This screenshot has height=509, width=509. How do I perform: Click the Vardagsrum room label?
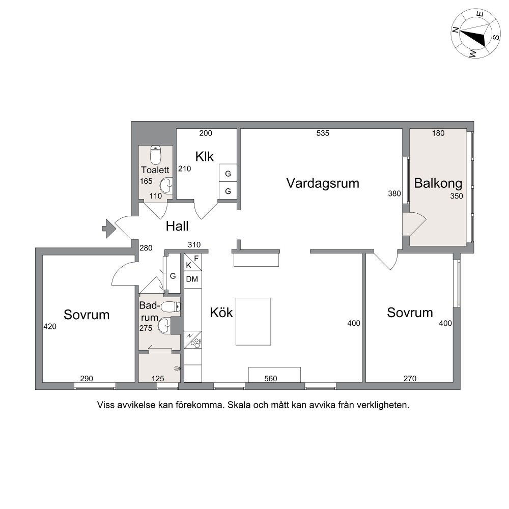[323, 183]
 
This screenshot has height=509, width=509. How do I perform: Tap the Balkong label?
[438, 183]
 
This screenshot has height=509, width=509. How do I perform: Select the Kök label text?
[221, 313]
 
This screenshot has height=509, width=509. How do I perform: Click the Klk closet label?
[205, 156]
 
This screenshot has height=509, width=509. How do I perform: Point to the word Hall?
[177, 227]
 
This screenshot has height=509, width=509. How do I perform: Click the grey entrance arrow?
[109, 229]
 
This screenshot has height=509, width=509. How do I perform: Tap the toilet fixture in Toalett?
[155, 155]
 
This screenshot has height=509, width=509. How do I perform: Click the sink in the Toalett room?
[166, 186]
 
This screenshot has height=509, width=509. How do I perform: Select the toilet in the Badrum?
[171, 307]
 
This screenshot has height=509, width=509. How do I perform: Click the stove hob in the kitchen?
[196, 343]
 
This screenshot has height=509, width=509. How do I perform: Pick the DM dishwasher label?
[192, 279]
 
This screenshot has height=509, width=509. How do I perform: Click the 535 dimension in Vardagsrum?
[323, 133]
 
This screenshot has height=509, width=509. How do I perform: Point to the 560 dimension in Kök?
[271, 379]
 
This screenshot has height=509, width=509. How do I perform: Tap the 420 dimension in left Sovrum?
[50, 327]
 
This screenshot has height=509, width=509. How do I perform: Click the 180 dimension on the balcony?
[438, 133]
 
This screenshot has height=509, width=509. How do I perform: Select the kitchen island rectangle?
[253, 322]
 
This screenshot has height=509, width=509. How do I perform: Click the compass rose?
[475, 34]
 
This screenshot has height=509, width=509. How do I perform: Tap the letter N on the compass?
[456, 30]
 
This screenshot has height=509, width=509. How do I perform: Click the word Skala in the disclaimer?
[240, 405]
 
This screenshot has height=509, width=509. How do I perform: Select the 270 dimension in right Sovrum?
[410, 379]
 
